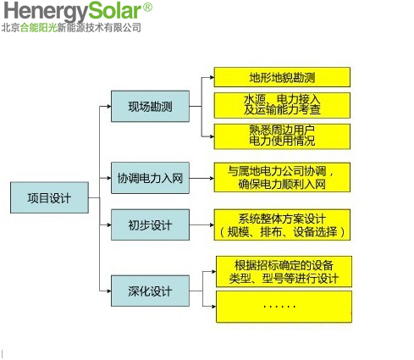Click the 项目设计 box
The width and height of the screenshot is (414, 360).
(x=49, y=197)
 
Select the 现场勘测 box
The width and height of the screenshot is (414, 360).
(x=150, y=106)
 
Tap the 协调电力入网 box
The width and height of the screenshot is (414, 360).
(x=150, y=178)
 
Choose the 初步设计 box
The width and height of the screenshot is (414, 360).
(x=150, y=224)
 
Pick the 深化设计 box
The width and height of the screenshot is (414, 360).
(x=150, y=291)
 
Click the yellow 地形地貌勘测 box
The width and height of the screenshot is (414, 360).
(x=282, y=77)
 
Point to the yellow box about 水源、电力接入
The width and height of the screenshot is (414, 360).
(x=282, y=105)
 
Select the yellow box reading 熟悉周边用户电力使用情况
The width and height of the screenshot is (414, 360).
(x=282, y=136)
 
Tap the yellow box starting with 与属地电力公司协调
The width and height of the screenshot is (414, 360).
(x=282, y=177)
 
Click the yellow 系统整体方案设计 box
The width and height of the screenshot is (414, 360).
(x=282, y=224)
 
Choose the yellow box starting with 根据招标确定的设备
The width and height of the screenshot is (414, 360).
(x=284, y=272)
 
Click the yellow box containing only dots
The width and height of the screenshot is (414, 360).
(x=284, y=307)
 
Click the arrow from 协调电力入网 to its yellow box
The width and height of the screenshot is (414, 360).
(x=201, y=178)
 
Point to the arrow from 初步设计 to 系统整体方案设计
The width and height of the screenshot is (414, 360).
(x=201, y=224)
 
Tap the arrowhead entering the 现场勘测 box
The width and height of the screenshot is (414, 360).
(x=109, y=107)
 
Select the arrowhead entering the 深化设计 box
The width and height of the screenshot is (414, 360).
(x=109, y=291)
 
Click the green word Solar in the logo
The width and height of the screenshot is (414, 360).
(x=114, y=11)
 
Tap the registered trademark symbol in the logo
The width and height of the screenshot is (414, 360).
(x=147, y=7)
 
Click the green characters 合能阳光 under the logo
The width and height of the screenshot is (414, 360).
(x=39, y=28)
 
